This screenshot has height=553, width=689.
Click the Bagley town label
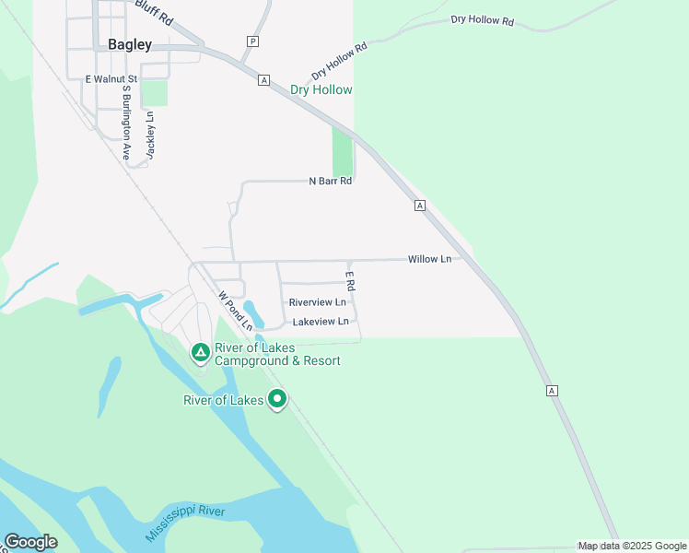[130, 44]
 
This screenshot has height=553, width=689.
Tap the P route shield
[252, 41]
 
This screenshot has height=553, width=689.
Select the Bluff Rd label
[153, 12]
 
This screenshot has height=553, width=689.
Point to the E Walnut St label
[111, 80]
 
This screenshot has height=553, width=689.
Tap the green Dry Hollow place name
[321, 90]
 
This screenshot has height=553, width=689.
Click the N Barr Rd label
[331, 182]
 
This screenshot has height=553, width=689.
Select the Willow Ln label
[429, 260]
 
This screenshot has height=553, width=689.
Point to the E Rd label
[350, 281]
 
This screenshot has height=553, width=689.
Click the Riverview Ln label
[317, 302]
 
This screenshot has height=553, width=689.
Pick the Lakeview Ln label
[321, 322]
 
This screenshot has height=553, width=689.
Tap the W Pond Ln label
[235, 312]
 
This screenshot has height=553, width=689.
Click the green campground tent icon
[200, 351]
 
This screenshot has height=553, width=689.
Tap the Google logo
[30, 542]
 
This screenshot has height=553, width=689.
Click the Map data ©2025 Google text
[631, 547]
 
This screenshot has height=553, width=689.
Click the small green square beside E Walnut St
[155, 93]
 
